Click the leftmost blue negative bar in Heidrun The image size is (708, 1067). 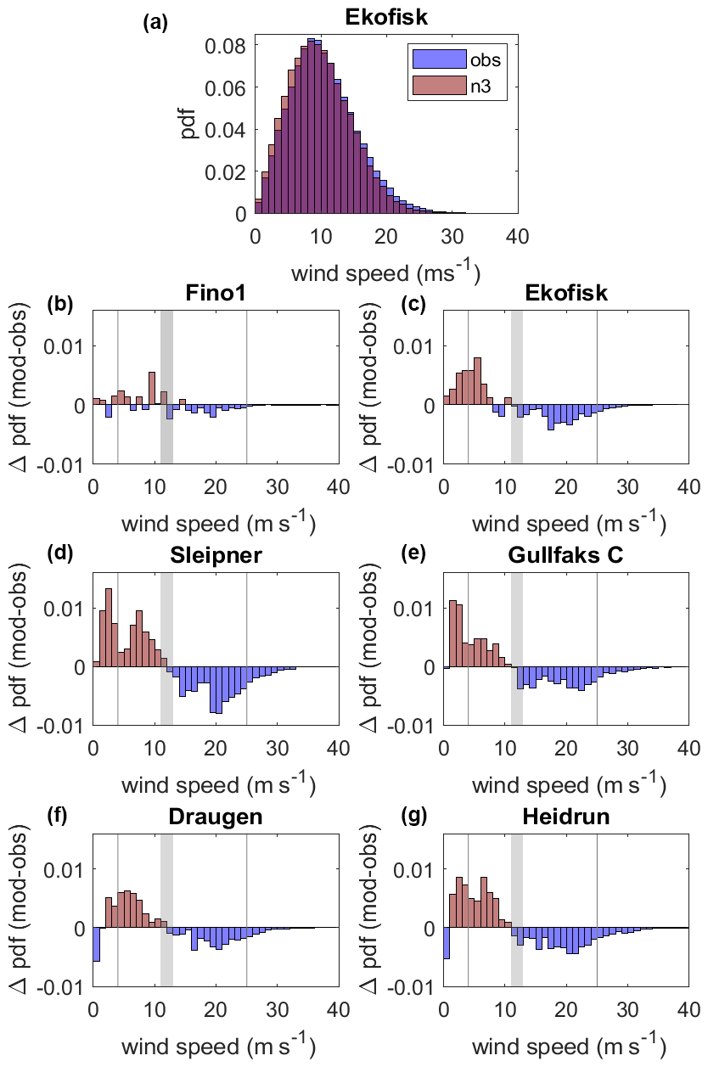coord(447,942)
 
